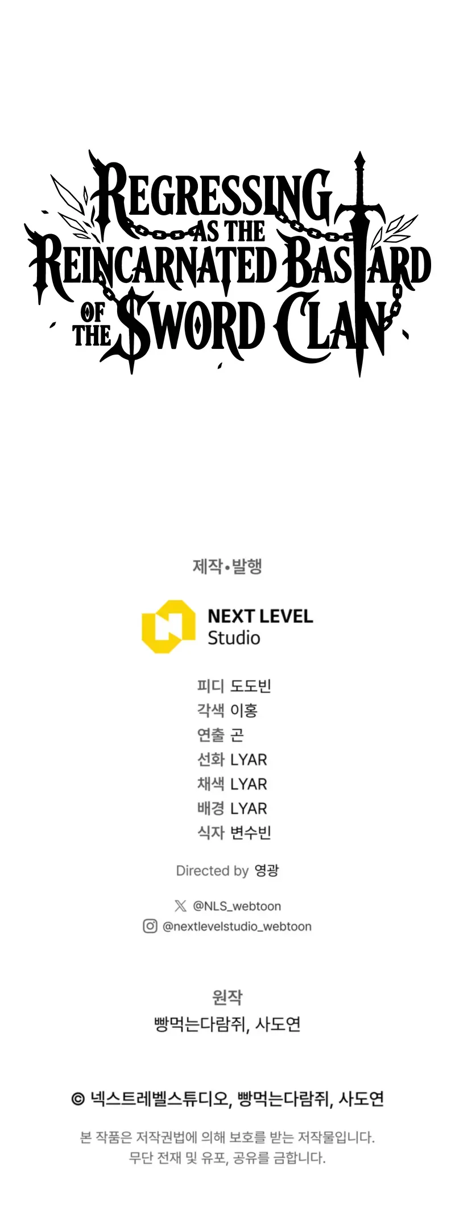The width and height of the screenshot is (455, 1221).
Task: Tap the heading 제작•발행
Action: [x=227, y=566]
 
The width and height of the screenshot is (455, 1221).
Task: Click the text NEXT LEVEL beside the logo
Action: [x=260, y=616]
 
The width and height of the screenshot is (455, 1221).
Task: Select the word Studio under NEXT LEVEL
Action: [x=234, y=638]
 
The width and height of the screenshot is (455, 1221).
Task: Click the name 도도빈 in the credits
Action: [x=251, y=686]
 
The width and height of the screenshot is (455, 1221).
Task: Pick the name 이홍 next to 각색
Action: [x=244, y=710]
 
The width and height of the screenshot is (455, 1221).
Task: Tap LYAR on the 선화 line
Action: [x=249, y=760]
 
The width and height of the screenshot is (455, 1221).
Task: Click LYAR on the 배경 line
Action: [x=249, y=809]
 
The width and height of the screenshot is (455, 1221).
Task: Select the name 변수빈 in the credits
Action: [x=251, y=833]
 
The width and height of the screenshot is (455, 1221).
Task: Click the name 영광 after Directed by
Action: [x=267, y=870]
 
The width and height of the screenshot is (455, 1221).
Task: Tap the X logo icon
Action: [x=180, y=906]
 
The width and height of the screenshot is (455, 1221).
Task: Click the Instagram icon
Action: [x=150, y=926]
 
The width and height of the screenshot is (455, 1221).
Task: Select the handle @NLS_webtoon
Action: [x=237, y=906]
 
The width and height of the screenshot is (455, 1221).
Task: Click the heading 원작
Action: [x=227, y=997]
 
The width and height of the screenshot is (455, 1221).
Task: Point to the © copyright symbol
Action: [x=78, y=1099]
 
